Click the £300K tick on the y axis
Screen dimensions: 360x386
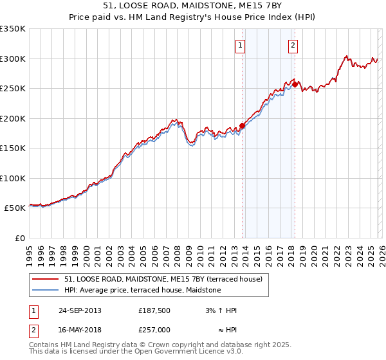(x=13, y=59)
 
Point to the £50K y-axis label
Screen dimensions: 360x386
(x=15, y=208)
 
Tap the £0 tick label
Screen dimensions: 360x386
(x=20, y=239)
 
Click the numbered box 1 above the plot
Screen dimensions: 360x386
(x=240, y=45)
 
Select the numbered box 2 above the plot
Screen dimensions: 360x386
(x=293, y=45)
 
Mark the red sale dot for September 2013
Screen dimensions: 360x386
(x=243, y=125)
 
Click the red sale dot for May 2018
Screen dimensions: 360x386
(x=295, y=84)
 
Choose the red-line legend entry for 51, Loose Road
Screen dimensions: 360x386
(x=163, y=280)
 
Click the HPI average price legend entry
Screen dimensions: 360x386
(x=142, y=291)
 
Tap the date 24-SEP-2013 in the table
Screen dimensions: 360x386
(x=80, y=310)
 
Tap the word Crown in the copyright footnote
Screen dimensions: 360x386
(x=149, y=346)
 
